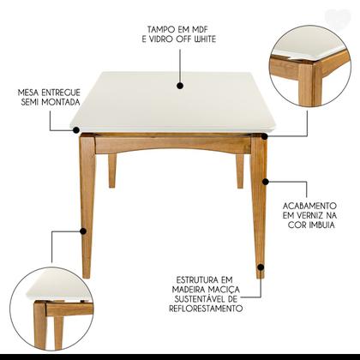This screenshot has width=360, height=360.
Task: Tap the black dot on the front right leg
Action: (266, 182)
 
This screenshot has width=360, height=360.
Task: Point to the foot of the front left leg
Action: (86, 273)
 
